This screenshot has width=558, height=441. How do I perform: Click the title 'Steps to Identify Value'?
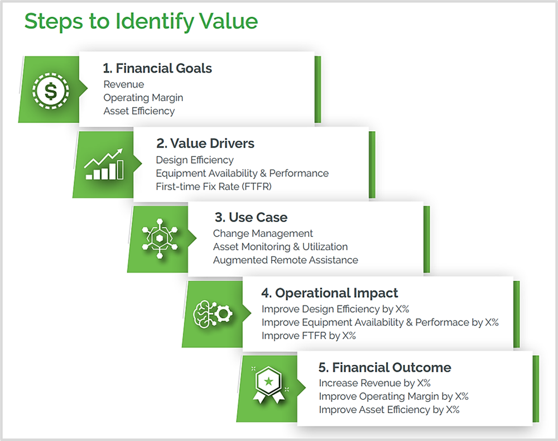[x=141, y=21]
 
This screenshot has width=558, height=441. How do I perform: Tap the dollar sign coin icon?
[x=51, y=90]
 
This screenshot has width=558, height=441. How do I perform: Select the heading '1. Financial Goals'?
[x=157, y=69]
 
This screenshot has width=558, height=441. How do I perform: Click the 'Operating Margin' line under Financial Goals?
[x=143, y=98]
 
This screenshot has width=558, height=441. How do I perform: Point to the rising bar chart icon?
[x=104, y=164]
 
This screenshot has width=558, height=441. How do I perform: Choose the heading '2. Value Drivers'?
[x=205, y=143]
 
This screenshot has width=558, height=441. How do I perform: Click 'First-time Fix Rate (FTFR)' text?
[x=213, y=186]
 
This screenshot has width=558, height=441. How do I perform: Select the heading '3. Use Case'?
[x=251, y=218]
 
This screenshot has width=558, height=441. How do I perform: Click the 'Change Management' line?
[x=263, y=233]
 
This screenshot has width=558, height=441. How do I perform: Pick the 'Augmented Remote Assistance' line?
[x=285, y=260]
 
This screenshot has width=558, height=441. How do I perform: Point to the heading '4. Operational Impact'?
[x=330, y=293]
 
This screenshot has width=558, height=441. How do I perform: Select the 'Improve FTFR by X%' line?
[x=309, y=335]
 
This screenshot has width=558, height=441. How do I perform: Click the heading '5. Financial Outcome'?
[x=384, y=367]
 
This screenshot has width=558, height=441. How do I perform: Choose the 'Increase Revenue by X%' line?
[x=374, y=383]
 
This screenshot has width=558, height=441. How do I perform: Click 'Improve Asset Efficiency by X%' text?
[x=389, y=410]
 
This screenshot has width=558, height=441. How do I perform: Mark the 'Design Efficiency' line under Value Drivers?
[x=195, y=160]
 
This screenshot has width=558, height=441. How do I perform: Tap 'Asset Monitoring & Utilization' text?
[x=280, y=247]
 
